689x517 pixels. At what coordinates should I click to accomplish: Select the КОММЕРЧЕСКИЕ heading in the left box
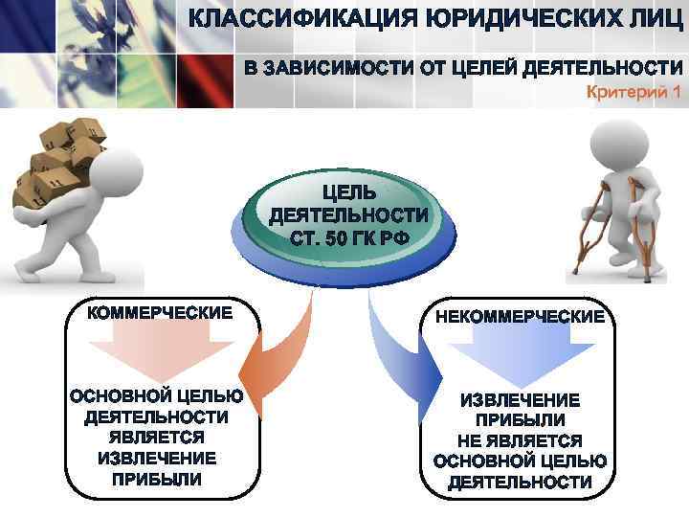click(160, 313)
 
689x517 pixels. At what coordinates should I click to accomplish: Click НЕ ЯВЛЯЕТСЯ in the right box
click(520, 440)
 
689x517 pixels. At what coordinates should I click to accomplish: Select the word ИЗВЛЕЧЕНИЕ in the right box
click(520, 399)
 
